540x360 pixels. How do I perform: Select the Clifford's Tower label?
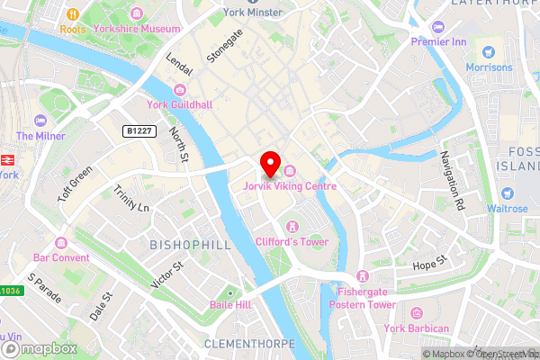click(291, 240)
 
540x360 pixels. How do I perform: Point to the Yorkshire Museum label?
click(141, 28)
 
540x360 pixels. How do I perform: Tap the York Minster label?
click(253, 12)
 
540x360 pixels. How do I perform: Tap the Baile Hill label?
click(230, 306)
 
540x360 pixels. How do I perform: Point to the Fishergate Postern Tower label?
click(365, 298)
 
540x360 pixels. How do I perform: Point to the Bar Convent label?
click(61, 257)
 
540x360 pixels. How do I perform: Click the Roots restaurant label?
click(72, 28)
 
